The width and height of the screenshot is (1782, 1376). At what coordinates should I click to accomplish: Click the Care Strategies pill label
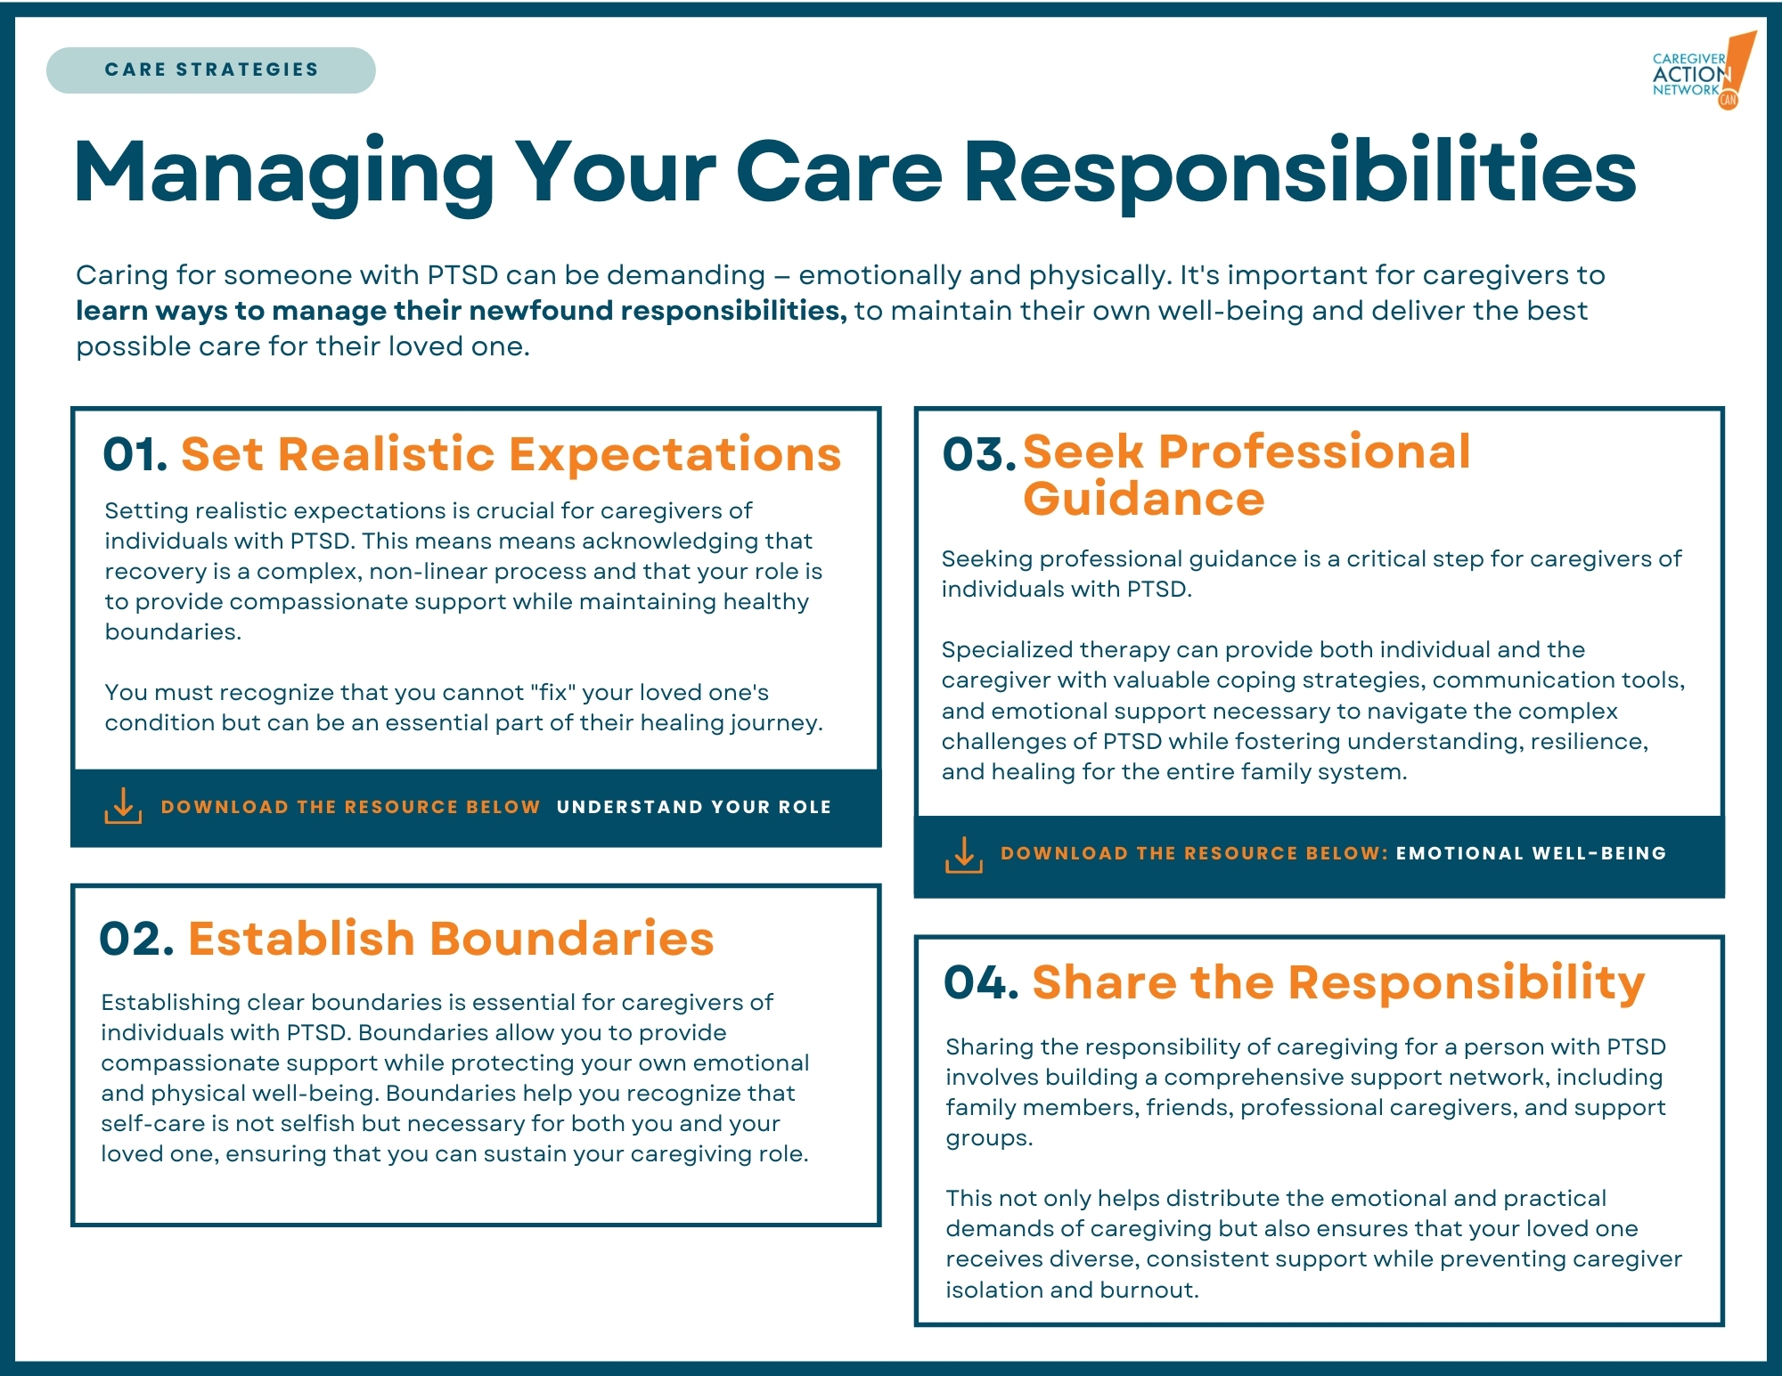tap(211, 69)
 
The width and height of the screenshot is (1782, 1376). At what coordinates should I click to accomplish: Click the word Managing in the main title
tap(284, 174)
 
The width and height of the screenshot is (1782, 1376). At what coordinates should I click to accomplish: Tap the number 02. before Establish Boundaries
tap(136, 939)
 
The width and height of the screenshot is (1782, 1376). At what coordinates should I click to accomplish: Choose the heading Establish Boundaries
tap(451, 939)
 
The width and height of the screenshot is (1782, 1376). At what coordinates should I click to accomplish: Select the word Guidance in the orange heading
tap(1143, 499)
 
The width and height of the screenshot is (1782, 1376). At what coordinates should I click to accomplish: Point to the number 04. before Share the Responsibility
tap(981, 982)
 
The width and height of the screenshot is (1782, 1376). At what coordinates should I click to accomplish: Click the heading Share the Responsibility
tap(1338, 983)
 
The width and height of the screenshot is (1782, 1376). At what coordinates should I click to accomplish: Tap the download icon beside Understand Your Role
tap(123, 806)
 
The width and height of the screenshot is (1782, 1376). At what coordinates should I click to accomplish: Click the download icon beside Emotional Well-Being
tap(963, 854)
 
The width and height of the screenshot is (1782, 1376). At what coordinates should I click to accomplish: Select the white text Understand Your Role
tap(693, 807)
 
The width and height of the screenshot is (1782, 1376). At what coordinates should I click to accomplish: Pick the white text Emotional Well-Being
tap(1531, 853)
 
